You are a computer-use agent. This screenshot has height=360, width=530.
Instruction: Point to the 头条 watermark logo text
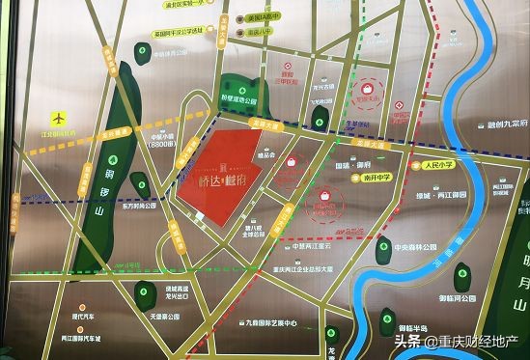click(x=407, y=341)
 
